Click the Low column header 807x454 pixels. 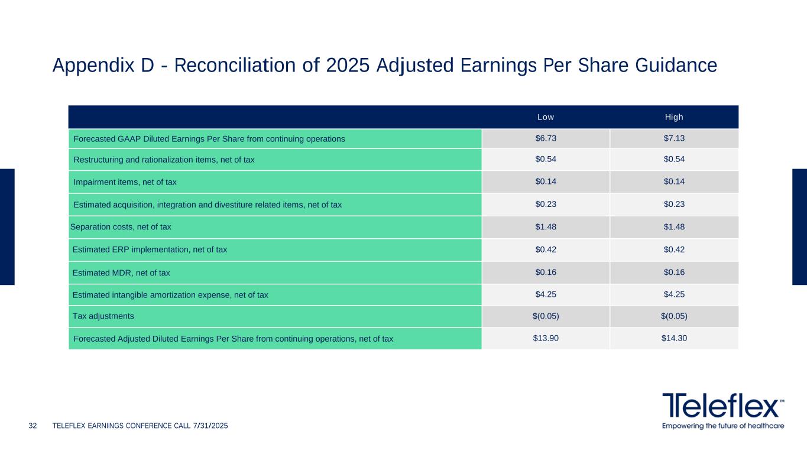tap(545, 117)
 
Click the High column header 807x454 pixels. tap(674, 117)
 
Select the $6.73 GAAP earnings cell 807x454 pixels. tap(545, 138)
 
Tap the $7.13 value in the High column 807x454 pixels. tap(674, 138)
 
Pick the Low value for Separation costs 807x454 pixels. tap(545, 226)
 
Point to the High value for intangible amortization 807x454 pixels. tap(674, 294)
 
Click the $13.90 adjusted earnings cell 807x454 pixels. tap(545, 339)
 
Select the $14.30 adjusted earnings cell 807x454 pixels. tap(674, 339)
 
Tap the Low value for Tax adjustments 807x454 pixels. tap(545, 316)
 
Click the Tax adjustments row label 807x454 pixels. tap(103, 316)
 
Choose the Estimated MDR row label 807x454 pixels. tap(121, 273)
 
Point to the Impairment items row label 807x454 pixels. tap(125, 182)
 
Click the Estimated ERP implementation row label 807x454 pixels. tap(149, 249)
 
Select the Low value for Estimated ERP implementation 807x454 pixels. tap(545, 249)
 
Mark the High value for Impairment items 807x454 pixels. tap(674, 181)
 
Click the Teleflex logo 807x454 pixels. tap(722, 406)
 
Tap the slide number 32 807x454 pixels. tap(33, 426)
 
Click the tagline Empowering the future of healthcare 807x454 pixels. tap(722, 426)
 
